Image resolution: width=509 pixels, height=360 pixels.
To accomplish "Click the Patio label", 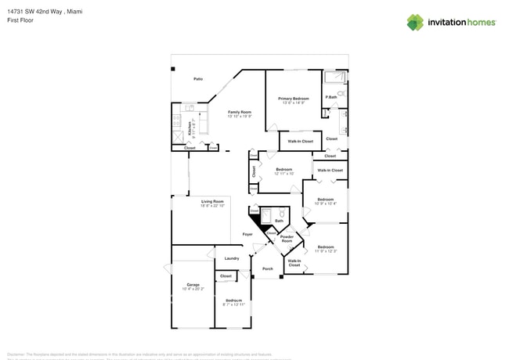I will pyautogui.click(x=199, y=80).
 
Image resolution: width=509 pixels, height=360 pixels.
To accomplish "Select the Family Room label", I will pyautogui.click(x=239, y=112).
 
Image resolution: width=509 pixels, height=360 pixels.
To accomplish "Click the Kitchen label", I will pyautogui.click(x=189, y=125).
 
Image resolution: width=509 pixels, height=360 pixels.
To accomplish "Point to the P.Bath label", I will pyautogui.click(x=331, y=97).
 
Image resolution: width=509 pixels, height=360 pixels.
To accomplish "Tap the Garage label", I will pyautogui.click(x=193, y=284).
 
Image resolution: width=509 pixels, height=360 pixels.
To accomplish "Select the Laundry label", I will pyautogui.click(x=232, y=258).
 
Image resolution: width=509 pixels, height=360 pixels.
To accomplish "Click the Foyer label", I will pyautogui.click(x=247, y=234).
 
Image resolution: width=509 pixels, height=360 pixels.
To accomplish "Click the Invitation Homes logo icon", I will pyautogui.click(x=414, y=23).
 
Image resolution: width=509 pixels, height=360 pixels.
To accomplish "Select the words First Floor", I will pyautogui.click(x=21, y=21).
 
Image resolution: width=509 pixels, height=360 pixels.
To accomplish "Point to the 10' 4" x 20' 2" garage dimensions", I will pyautogui.click(x=193, y=289).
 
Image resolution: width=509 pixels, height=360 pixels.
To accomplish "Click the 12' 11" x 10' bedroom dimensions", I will pyautogui.click(x=283, y=174).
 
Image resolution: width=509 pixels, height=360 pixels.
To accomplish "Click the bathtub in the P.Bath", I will pyautogui.click(x=334, y=77).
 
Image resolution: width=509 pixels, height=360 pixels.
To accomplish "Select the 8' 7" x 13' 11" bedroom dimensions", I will pyautogui.click(x=233, y=305).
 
